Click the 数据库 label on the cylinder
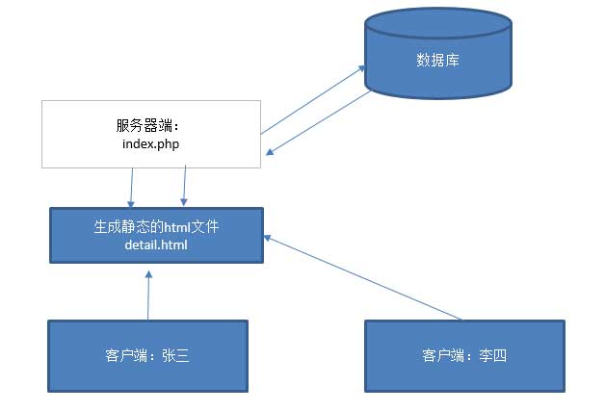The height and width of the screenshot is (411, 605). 437,60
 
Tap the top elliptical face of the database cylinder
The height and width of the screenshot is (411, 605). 437,24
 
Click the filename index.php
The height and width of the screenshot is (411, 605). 151,143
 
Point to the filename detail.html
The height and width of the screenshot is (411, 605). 156,245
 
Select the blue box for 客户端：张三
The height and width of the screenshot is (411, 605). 148,356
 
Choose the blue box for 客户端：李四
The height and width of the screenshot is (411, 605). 464,356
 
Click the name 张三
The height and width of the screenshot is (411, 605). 175,356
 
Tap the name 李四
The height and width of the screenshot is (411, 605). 492,356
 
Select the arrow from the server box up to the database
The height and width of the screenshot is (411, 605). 313,99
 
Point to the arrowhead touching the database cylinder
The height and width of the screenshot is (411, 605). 362,68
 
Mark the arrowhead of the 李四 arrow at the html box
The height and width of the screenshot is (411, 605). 269,237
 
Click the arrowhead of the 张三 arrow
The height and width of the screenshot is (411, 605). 148,273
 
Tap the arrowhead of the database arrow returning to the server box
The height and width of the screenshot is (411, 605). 271,150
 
